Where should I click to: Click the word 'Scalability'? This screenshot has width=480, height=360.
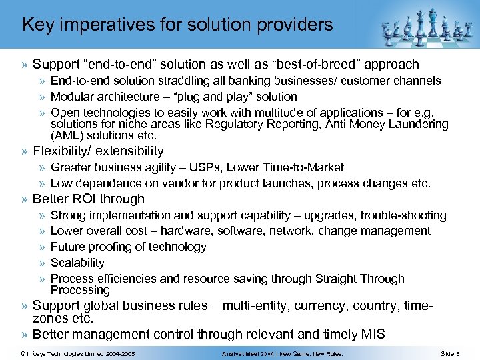click(x=77, y=263)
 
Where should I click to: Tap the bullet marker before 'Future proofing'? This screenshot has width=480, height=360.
click(x=42, y=247)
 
